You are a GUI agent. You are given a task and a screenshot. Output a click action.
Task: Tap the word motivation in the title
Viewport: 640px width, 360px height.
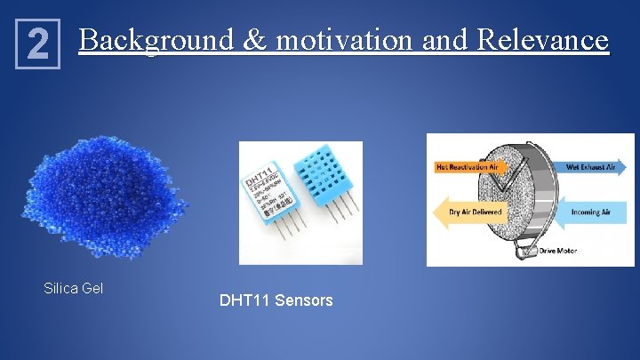342,40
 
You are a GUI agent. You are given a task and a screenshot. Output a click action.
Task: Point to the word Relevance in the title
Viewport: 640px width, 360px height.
542,40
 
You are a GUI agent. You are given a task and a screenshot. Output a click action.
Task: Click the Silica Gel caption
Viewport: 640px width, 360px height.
74,288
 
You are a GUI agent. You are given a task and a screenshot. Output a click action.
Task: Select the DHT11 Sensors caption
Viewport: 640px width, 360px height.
276,300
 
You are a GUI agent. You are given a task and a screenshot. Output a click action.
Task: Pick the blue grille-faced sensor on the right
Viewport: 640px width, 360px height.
325,173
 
